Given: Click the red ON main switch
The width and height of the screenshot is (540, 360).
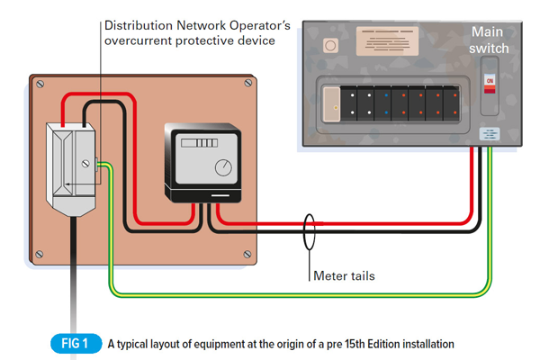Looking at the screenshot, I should click(x=490, y=82).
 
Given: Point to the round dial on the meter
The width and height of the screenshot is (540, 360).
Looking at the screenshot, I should click(x=221, y=167).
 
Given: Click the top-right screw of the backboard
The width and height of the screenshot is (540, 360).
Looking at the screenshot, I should click(x=248, y=84).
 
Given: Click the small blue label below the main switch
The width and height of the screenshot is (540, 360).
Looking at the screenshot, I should click(x=490, y=135).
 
